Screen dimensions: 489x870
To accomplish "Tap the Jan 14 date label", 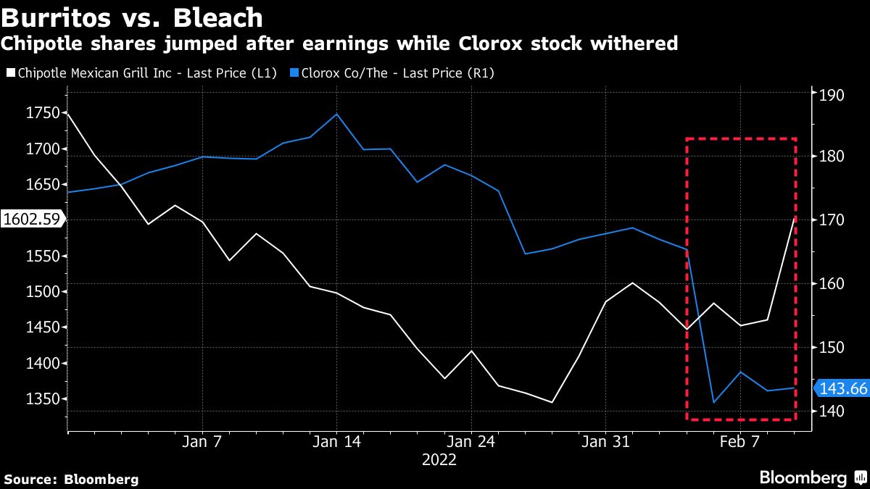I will point(336,442).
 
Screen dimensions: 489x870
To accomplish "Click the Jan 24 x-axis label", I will point(471,442).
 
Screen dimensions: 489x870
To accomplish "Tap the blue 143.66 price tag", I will point(843,389).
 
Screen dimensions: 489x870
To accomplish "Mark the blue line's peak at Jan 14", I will point(336,114).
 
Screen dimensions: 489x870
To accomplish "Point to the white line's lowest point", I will point(552,402).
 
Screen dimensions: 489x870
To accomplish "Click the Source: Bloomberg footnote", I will point(71,479).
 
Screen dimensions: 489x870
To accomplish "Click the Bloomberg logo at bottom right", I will point(803,478).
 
